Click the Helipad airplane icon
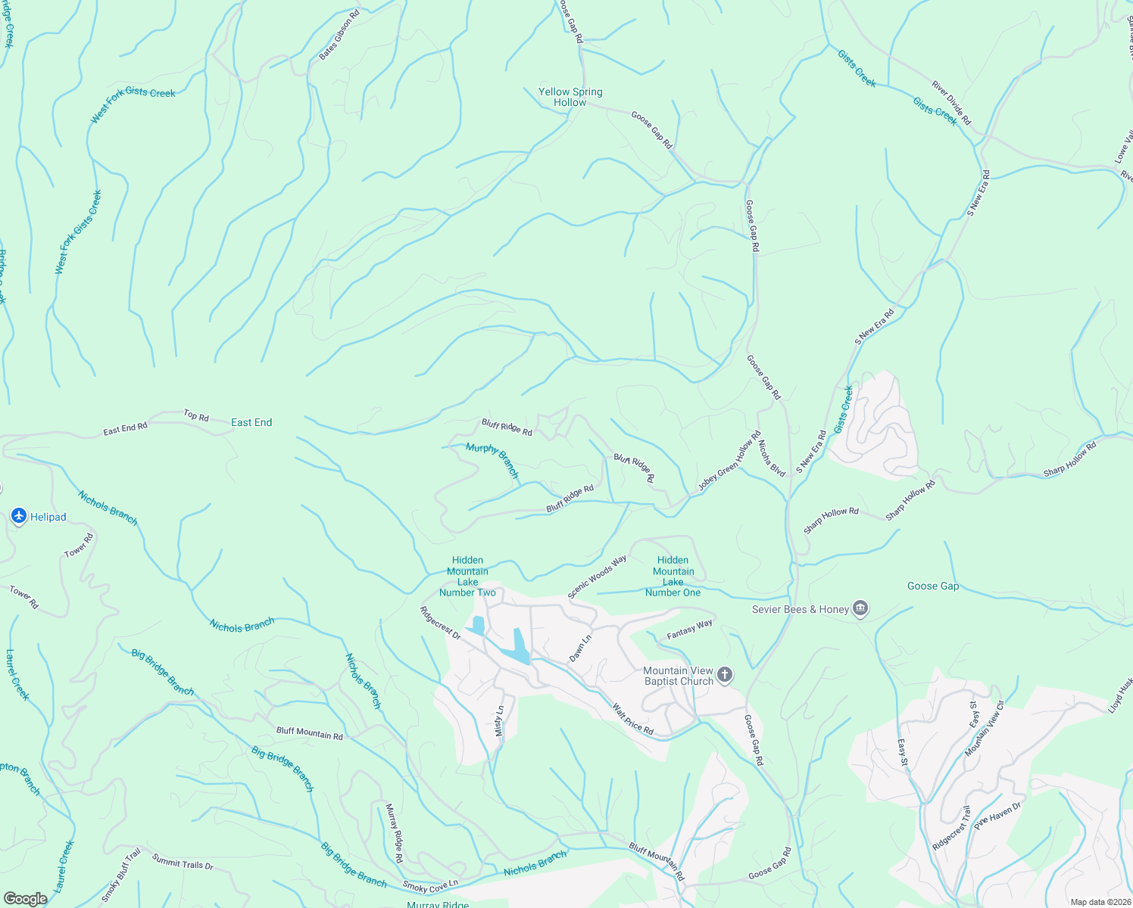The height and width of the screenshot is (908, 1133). point(19,517)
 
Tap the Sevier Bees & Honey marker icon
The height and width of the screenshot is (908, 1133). point(860,609)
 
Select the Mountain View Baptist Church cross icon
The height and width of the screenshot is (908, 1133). point(725,675)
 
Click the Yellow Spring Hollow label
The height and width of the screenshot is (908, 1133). point(570,97)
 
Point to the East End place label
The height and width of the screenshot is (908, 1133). point(251,422)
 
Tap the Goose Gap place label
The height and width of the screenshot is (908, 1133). point(933,586)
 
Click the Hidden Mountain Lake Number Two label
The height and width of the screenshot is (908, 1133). point(467,577)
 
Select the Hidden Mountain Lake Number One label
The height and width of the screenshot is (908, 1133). point(673,577)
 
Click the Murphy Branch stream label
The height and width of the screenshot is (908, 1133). point(493,460)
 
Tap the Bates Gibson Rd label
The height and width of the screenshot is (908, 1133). point(339,36)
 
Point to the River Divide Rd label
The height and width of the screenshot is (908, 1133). point(951,104)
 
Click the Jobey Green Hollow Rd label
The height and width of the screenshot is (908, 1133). point(729,462)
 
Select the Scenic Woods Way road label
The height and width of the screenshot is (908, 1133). point(597,577)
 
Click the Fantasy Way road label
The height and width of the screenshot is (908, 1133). point(689,630)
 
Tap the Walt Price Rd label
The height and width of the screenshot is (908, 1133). point(632,719)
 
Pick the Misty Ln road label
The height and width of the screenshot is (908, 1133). point(499,720)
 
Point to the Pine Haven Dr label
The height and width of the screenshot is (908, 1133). point(997,816)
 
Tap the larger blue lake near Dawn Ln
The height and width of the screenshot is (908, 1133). point(519,647)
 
